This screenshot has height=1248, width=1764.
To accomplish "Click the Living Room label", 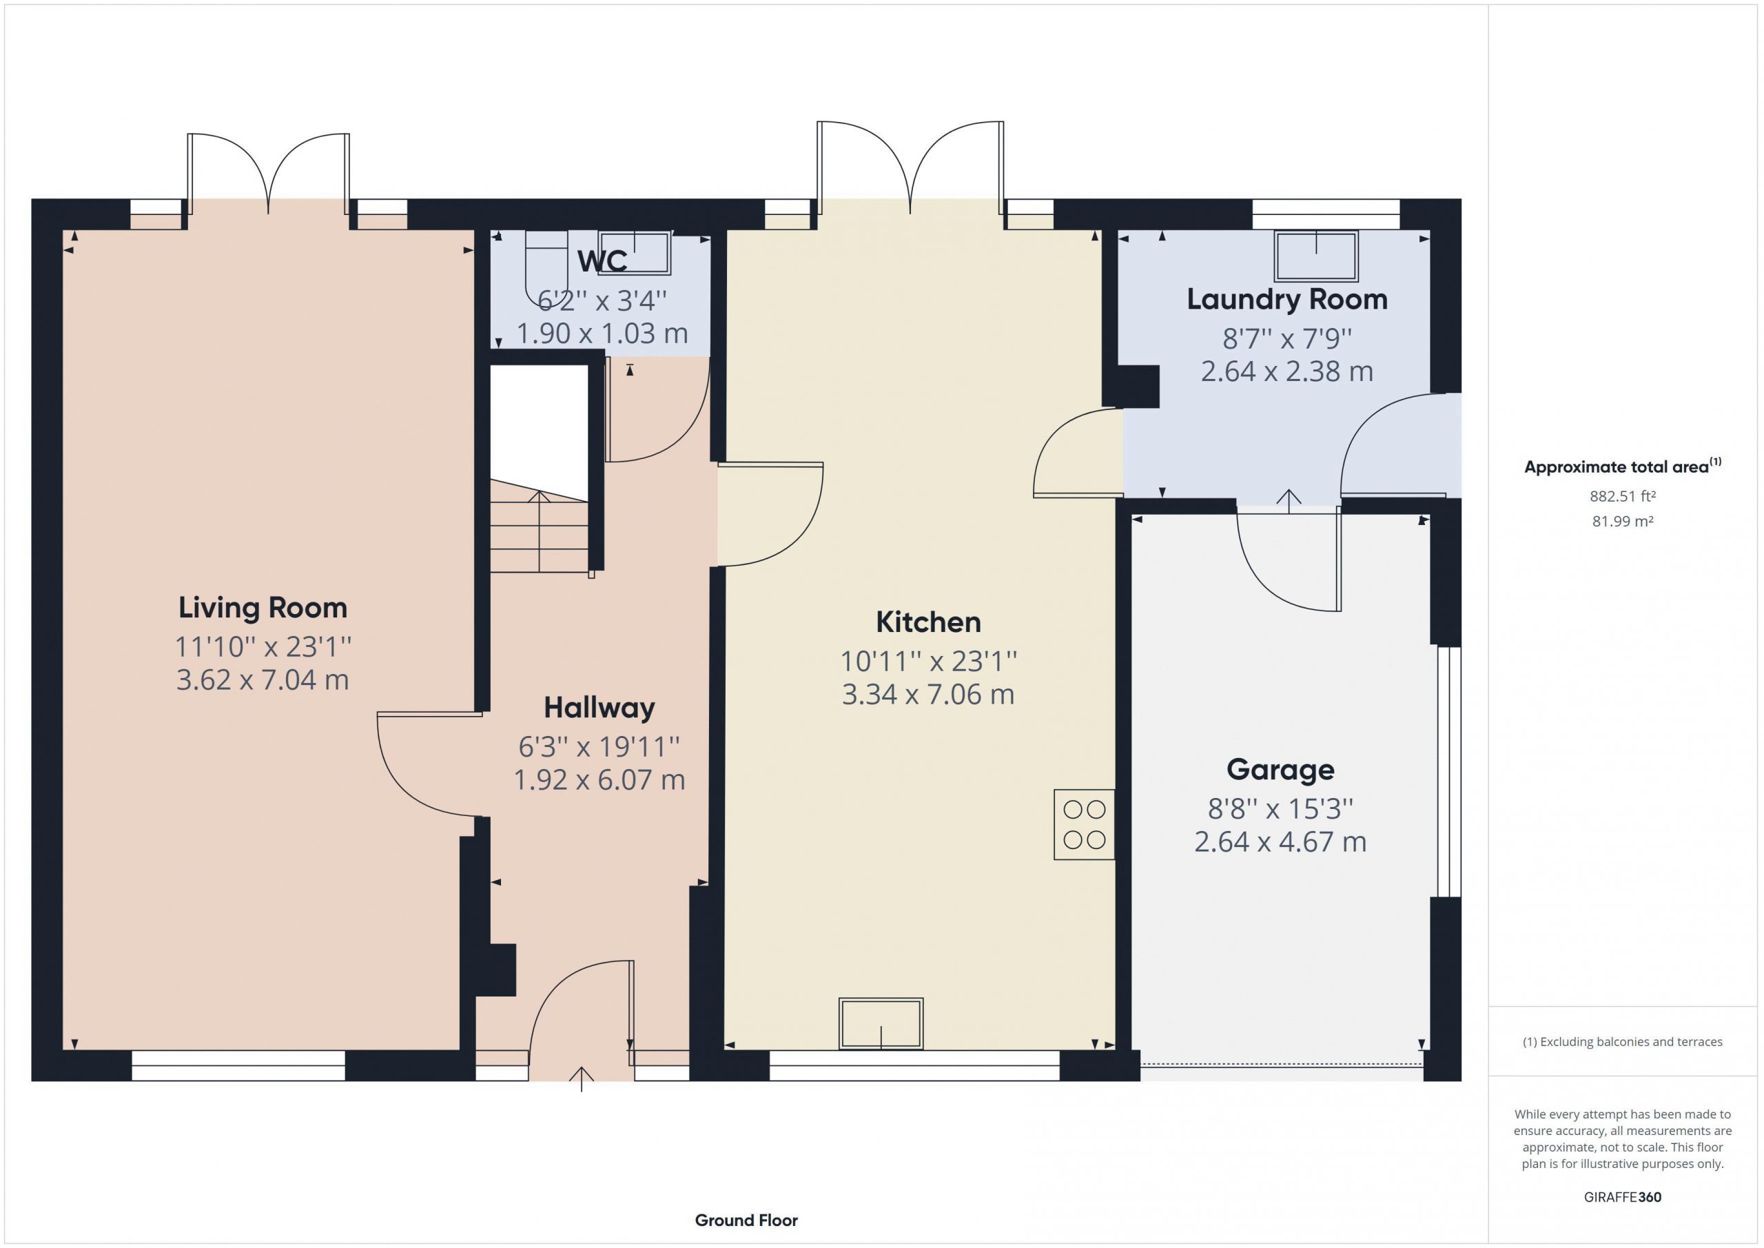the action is coord(263,608).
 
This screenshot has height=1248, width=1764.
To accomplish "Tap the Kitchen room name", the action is coord(928,622).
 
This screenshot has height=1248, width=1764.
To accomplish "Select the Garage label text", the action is coord(1280,770).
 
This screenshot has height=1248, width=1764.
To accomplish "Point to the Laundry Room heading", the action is coord(1287,299).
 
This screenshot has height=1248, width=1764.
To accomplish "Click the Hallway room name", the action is coord(599,708).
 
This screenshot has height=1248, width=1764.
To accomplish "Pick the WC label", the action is coord(602,261).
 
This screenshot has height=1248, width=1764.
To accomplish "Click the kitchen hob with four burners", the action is coord(1084,825).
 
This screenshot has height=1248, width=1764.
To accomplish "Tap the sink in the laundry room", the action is coord(1316,256).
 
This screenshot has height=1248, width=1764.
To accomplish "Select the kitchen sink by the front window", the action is coord(881,1023).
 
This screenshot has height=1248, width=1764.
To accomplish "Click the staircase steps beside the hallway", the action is coord(540,526).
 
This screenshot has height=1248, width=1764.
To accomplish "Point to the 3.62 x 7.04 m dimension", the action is coord(263,680).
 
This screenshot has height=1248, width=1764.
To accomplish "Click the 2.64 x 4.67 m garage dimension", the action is coord(1280,842).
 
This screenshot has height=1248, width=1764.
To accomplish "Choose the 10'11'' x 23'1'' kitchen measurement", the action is coord(928,661).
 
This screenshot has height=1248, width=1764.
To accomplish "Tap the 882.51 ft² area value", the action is coord(1623,496).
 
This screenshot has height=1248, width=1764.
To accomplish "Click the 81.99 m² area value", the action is coord(1623,521).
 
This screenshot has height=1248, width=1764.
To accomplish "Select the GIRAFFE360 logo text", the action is coord(1623,1197).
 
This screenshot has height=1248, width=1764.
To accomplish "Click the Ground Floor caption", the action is coord(746,1220).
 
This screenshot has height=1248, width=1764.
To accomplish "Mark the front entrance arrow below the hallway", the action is coord(582,1079).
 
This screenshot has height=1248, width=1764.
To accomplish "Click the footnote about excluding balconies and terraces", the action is coord(1623,1042).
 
